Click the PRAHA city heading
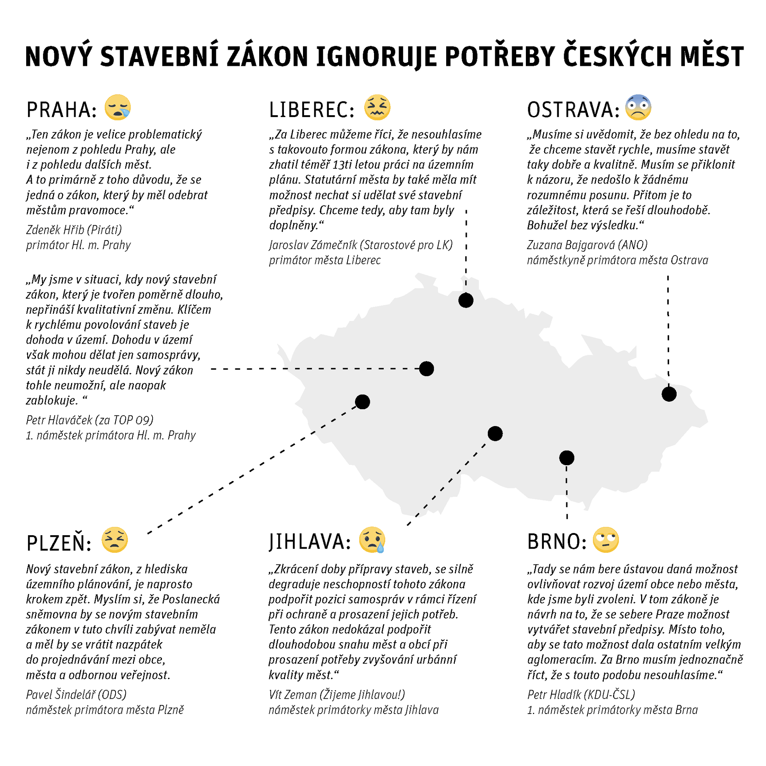(x=61, y=110)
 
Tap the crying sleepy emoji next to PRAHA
(x=118, y=107)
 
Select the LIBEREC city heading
(x=312, y=110)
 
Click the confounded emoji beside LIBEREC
(x=377, y=107)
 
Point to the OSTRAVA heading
(x=573, y=110)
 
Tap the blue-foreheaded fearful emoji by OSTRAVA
(x=638, y=107)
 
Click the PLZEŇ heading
(x=59, y=543)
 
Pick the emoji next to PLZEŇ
(x=114, y=540)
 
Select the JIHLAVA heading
(x=310, y=542)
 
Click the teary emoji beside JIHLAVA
(x=372, y=540)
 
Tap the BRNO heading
(x=557, y=542)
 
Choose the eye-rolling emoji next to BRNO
(x=606, y=540)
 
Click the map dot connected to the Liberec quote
(x=466, y=301)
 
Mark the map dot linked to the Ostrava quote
(x=669, y=394)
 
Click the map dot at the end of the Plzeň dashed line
(x=362, y=402)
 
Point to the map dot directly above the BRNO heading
(x=567, y=458)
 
